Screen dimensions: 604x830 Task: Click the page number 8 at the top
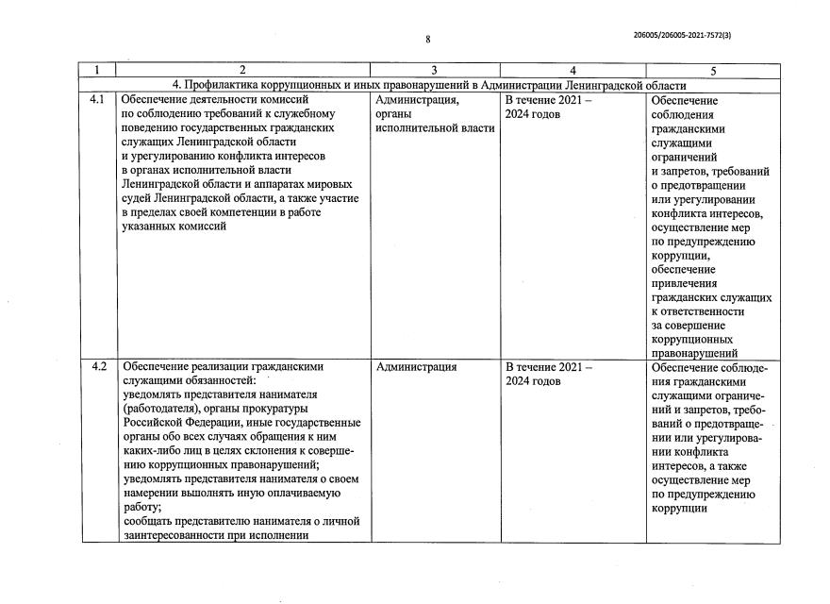pos(427,40)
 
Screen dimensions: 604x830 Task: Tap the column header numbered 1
pos(99,70)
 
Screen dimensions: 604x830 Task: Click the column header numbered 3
pos(434,70)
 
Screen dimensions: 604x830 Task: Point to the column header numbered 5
pos(713,70)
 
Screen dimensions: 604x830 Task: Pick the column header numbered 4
pos(573,70)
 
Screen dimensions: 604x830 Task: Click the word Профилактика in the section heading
pos(223,85)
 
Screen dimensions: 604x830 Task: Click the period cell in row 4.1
pos(548,107)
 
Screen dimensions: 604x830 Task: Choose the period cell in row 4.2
pos(548,374)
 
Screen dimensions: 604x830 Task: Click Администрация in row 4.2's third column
pos(416,367)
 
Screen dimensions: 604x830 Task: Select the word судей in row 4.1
pos(141,198)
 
